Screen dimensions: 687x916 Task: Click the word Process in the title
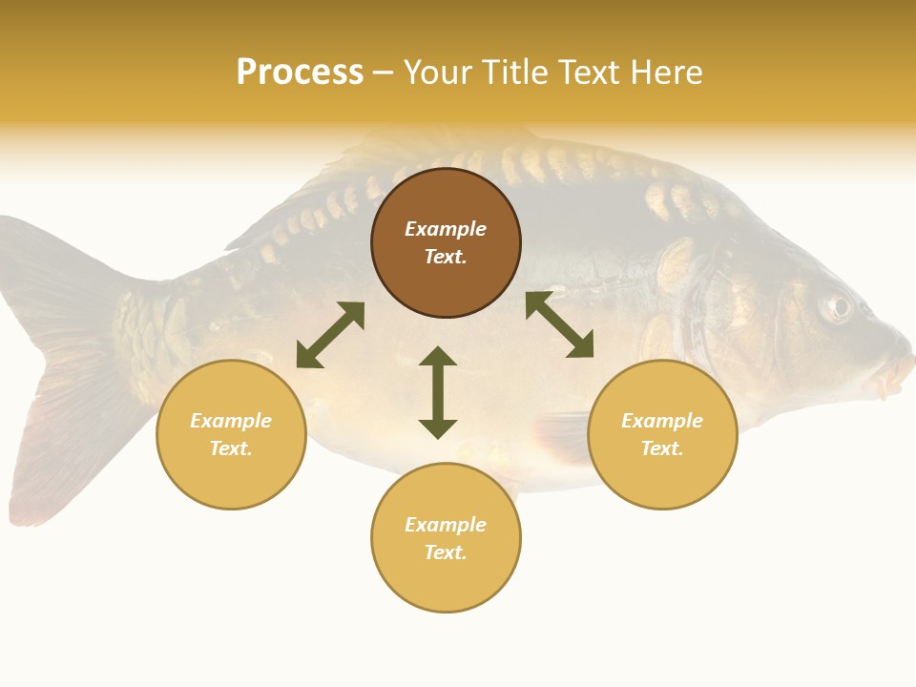pyautogui.click(x=300, y=73)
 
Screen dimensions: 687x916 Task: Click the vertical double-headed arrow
pyautogui.click(x=438, y=392)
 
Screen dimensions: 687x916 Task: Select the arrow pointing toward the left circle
pyautogui.click(x=330, y=335)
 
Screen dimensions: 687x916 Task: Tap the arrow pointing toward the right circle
pyautogui.click(x=559, y=324)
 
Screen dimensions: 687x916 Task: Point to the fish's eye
pyautogui.click(x=838, y=306)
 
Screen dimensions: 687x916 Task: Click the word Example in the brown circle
pyautogui.click(x=446, y=229)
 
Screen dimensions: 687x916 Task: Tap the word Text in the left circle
pyautogui.click(x=231, y=448)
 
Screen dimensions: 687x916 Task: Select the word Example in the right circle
pyautogui.click(x=662, y=421)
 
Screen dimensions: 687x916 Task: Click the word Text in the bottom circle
pyautogui.click(x=446, y=552)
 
